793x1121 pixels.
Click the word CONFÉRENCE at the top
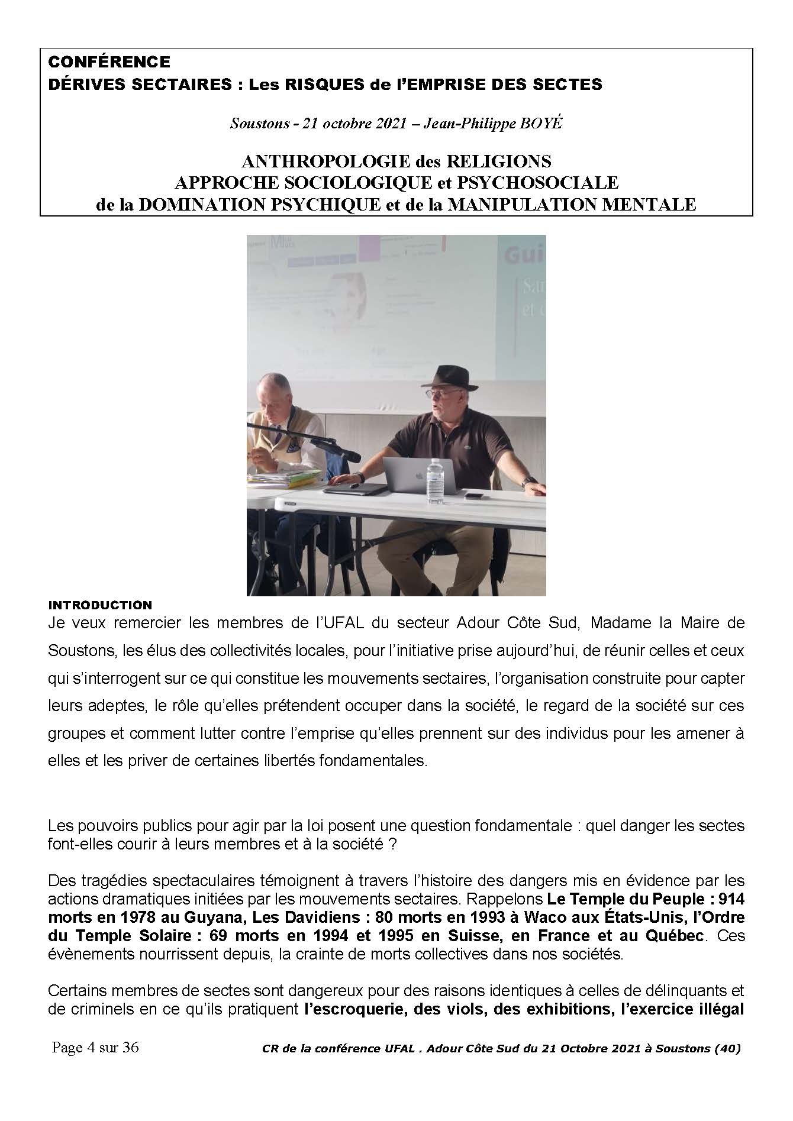point(109,62)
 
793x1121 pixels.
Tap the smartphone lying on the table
point(473,496)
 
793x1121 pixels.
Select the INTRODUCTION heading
point(100,605)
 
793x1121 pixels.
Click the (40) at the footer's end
point(727,1049)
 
